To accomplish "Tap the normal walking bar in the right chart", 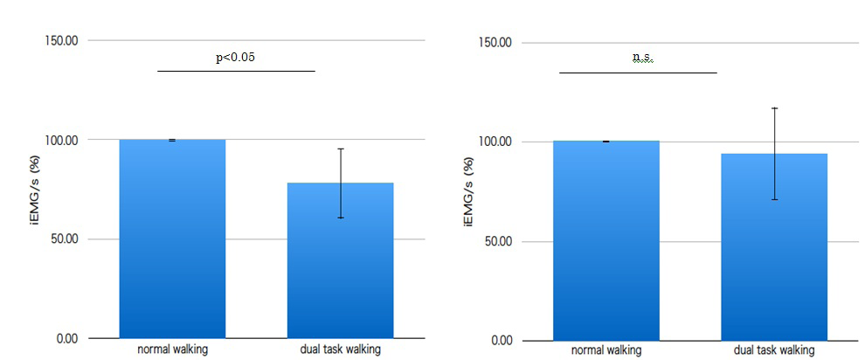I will (x=606, y=240).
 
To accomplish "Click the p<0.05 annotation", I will (x=236, y=58).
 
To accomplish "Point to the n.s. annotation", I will (x=642, y=58).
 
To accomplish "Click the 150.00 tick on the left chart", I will (x=61, y=40).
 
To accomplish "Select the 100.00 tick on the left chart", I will (x=61, y=140).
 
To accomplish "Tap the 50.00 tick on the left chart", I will (x=64, y=239).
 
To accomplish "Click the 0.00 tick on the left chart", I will (x=66, y=338).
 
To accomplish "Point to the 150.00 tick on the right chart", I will (x=495, y=43).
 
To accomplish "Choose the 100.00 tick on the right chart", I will (x=495, y=142).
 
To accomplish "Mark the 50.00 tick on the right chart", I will (x=498, y=241).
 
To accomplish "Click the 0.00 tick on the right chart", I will (x=501, y=341).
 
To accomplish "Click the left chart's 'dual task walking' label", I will (x=340, y=350).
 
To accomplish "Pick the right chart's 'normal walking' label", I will (x=606, y=350).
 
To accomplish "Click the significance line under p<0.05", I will (x=236, y=71).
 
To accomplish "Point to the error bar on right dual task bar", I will (x=774, y=154).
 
